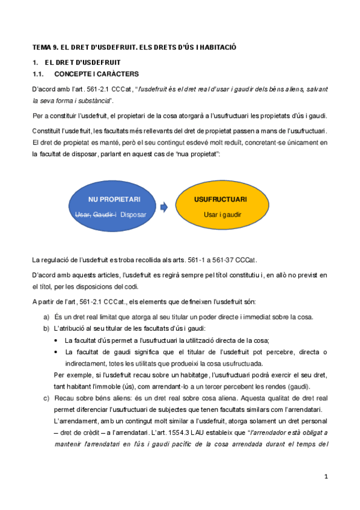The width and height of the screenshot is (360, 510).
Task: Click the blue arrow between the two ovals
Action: click(x=164, y=207)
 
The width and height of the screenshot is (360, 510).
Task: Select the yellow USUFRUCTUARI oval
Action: click(x=222, y=206)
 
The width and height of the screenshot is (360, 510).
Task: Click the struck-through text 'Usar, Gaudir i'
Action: click(x=95, y=214)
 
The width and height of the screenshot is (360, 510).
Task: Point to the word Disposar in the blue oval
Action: click(x=133, y=214)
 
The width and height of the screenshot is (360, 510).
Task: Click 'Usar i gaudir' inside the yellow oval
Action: click(x=222, y=214)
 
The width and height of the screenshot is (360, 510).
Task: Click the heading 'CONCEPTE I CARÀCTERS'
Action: click(x=96, y=74)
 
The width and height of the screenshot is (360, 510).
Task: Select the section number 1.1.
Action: click(x=39, y=74)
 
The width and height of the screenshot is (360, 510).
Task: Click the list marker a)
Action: click(x=46, y=317)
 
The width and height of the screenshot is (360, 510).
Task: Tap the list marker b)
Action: click(x=46, y=328)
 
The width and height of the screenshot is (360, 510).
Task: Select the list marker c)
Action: click(x=46, y=398)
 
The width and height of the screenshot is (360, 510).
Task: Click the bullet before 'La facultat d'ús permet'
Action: click(x=56, y=340)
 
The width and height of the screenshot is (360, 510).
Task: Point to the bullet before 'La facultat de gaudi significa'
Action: click(x=56, y=352)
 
